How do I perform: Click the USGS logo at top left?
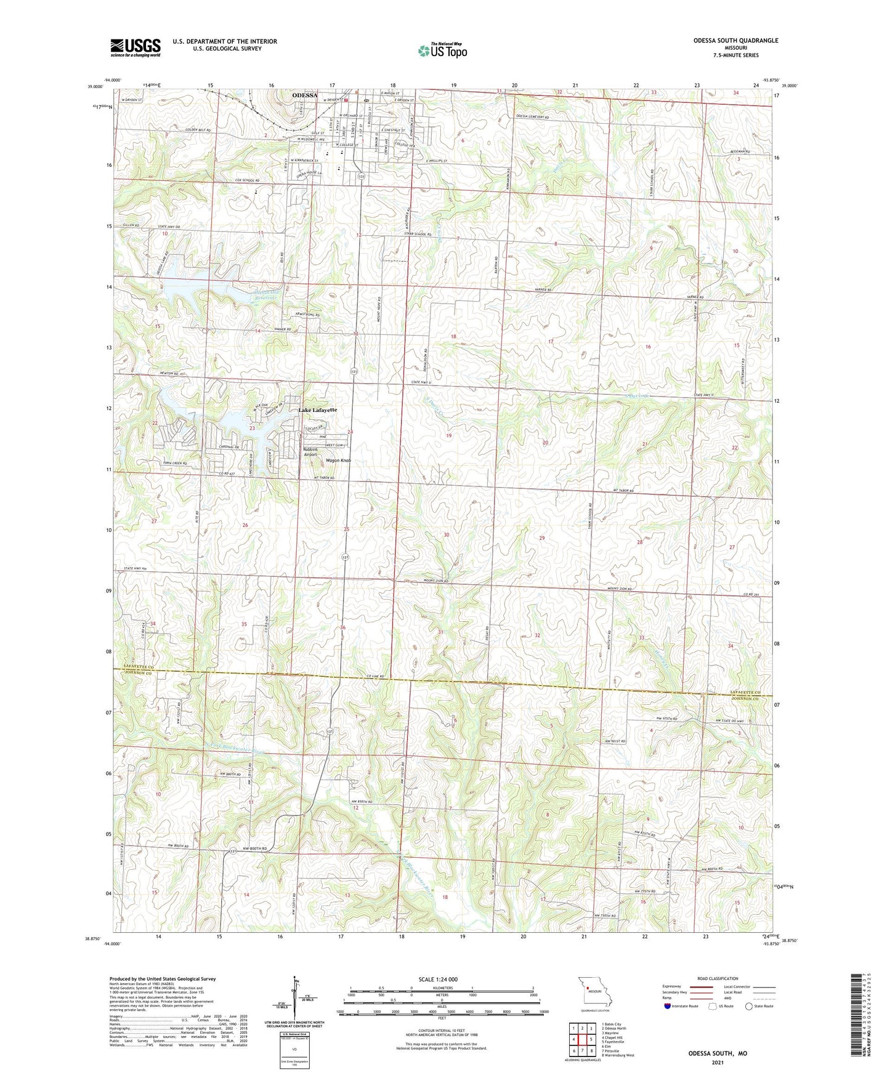pos(135,47)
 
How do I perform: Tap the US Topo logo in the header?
pos(442,50)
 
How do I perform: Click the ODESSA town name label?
pos(305,95)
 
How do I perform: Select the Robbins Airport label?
pos(310,452)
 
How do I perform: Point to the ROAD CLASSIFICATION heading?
pos(718,978)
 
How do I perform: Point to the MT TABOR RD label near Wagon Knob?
pos(323,478)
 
